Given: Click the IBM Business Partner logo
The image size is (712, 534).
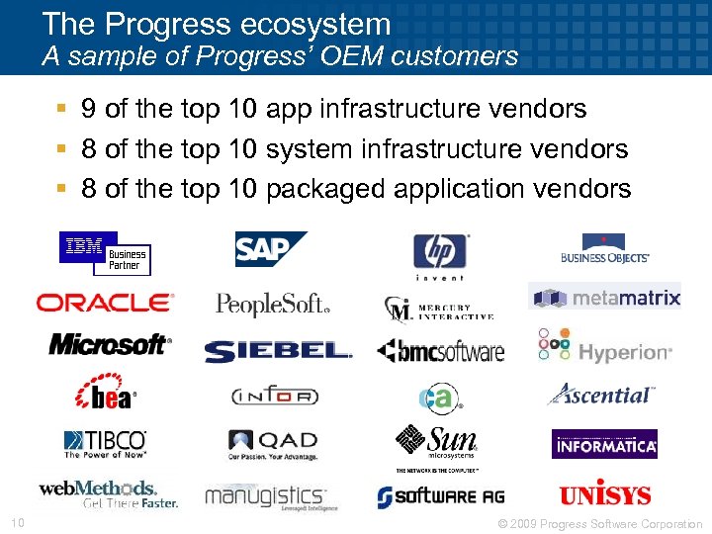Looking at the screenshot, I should point(105,253).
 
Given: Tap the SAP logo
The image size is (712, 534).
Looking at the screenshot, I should point(270,249).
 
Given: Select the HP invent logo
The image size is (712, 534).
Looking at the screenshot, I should point(440,257).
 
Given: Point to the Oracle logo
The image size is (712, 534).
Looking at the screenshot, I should point(105,303).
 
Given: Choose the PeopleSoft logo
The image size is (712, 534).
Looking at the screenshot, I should point(273,304).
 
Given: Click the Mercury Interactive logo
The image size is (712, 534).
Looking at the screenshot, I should point(439,308).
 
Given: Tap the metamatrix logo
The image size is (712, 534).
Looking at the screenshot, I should point(605,298).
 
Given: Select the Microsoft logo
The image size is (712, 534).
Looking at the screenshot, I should point(110,344).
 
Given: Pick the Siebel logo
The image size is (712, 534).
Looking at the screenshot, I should point(278,351).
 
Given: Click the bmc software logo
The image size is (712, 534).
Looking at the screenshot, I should point(440,351).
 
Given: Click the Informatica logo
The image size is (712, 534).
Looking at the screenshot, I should point(604,445).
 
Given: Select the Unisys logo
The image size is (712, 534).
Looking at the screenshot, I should point(604,493).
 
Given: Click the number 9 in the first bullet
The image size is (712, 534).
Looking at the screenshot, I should point(89,109).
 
